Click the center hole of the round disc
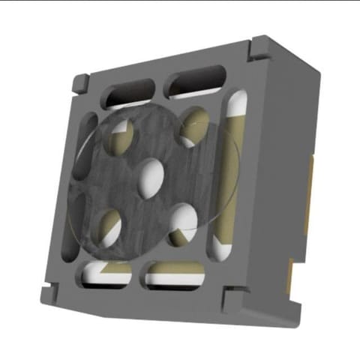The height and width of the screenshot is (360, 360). tap(152, 175)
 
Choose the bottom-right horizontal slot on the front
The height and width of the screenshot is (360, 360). tap(175, 275)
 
